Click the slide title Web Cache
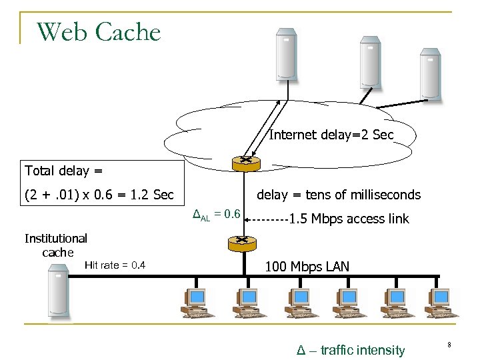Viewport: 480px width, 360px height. (x=99, y=31)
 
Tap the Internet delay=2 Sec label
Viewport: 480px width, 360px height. (x=331, y=135)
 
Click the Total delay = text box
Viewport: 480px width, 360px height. (x=63, y=171)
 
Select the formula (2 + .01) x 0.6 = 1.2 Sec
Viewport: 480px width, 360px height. (x=99, y=195)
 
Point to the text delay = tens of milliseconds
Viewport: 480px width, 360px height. (x=339, y=195)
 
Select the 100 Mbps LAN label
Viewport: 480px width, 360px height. (x=307, y=267)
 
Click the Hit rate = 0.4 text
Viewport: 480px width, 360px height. (x=115, y=265)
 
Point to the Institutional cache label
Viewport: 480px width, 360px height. (x=56, y=245)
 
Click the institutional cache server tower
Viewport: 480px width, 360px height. (x=58, y=290)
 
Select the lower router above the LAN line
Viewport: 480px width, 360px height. (x=241, y=243)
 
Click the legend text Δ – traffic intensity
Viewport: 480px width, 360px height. (x=350, y=350)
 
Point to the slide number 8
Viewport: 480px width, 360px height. (x=449, y=345)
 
